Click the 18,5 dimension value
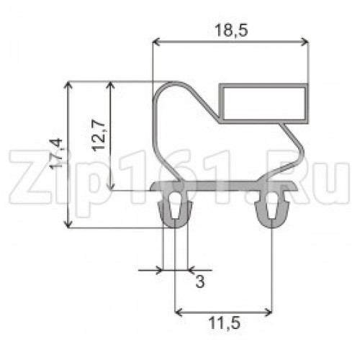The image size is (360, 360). coord(231,31)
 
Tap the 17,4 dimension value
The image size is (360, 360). coord(57,154)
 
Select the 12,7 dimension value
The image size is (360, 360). coord(99,136)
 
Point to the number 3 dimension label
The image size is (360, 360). coord(200,282)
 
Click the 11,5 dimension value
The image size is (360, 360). coord(225,323)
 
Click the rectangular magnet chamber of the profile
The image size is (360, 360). coord(264,104)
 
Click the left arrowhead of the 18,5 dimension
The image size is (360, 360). coord(156,42)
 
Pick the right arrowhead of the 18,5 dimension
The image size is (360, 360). coord(305,42)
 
